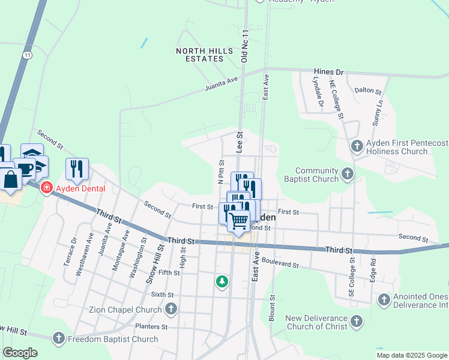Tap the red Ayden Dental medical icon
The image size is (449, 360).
(46, 188)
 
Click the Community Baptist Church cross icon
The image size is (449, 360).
(347, 175)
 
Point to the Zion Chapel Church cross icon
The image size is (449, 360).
(171, 310)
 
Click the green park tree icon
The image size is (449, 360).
(222, 281)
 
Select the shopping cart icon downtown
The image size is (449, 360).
(239, 221)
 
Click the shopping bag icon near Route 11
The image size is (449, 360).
(11, 179)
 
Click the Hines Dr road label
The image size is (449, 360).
(328, 72)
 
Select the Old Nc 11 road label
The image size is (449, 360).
(244, 46)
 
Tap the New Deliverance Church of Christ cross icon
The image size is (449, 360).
(357, 322)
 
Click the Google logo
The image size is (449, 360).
(20, 353)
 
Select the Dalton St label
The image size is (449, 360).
(368, 91)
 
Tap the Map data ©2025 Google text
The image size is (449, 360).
(411, 355)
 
